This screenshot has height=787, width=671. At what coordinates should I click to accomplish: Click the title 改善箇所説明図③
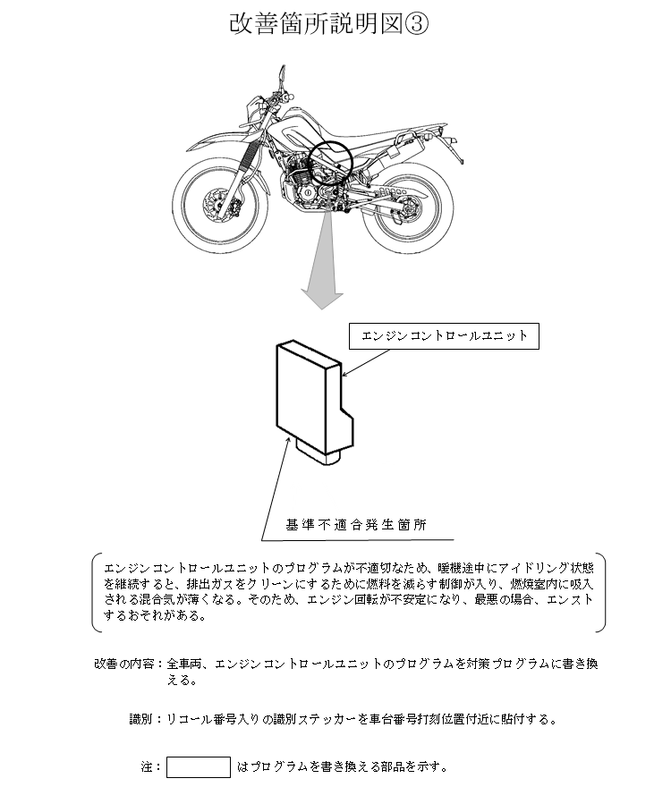328,24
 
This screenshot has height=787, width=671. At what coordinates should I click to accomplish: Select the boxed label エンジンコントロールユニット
444,337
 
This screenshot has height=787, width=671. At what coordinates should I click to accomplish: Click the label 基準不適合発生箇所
355,525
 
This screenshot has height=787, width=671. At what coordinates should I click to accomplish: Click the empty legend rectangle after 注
199,766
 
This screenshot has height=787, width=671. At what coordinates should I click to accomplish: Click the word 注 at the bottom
146,766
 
